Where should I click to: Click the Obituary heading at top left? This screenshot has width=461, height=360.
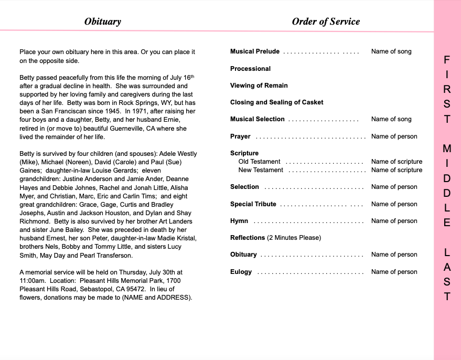click(x=103, y=22)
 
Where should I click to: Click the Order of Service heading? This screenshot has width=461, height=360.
click(x=326, y=22)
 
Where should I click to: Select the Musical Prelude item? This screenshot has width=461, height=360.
click(x=255, y=51)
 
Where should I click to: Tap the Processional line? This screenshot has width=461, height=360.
click(x=250, y=69)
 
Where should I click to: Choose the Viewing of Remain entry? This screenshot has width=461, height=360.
click(x=259, y=86)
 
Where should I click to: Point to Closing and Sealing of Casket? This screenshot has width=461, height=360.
click(x=276, y=102)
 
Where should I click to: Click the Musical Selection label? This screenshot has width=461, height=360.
click(x=258, y=119)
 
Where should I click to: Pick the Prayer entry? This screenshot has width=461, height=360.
click(x=240, y=136)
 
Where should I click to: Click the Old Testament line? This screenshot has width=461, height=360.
click(x=259, y=162)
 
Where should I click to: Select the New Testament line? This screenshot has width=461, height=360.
click(x=261, y=170)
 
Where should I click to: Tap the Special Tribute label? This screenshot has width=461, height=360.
click(x=253, y=204)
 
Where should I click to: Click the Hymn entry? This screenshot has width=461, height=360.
click(x=239, y=221)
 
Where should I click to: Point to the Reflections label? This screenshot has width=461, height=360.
click(x=248, y=238)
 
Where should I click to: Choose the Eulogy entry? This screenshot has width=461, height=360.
click(x=241, y=272)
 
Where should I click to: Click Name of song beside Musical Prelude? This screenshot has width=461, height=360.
click(x=391, y=51)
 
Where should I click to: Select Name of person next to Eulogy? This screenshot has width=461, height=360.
click(x=394, y=272)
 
